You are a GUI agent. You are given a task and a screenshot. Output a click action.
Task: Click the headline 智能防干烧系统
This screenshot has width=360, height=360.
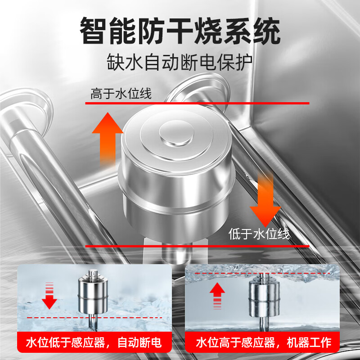(x=180, y=31)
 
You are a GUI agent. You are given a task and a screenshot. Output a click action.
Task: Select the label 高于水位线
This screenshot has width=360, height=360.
(x=121, y=94)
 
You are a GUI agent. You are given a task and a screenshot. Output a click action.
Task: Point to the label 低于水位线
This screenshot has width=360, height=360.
(x=259, y=234)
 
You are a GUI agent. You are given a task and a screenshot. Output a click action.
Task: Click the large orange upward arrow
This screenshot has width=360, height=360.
(x=107, y=137)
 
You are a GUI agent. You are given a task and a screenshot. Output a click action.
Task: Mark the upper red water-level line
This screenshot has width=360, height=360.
(x=198, y=103)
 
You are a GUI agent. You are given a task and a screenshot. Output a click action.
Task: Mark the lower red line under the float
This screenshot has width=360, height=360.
(x=198, y=246)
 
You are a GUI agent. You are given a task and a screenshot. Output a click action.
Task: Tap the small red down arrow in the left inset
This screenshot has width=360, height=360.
(x=49, y=297)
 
